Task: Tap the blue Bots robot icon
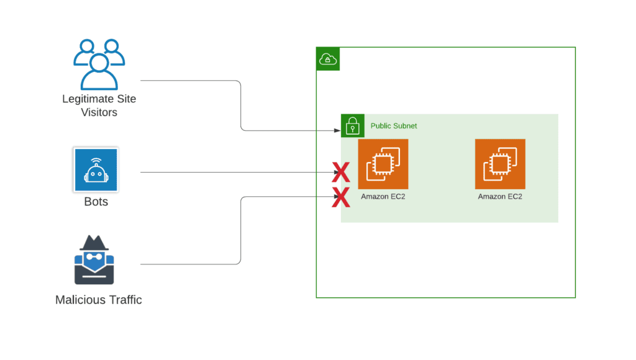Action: pos(96,169)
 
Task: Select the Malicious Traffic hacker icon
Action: pos(94,260)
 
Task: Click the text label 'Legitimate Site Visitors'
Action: pos(99,106)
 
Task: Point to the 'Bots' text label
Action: pos(96,202)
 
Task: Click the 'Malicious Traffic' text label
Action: pos(99,300)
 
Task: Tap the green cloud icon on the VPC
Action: pos(328,59)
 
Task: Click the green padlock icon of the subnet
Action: pos(353,125)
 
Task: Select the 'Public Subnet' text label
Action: pos(393,125)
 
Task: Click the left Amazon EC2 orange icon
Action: pos(383,164)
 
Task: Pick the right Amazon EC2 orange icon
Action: pos(500,164)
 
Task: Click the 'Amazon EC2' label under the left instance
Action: pos(383,197)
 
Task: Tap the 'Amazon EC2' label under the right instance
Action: pos(500,197)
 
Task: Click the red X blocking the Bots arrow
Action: pos(341,173)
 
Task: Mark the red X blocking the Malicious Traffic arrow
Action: pos(341,197)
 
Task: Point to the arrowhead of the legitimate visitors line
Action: pos(337,130)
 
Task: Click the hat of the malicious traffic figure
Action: pos(94,243)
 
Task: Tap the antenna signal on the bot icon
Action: pos(96,161)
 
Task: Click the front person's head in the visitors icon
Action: pos(99,63)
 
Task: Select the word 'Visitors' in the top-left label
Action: pos(99,112)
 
